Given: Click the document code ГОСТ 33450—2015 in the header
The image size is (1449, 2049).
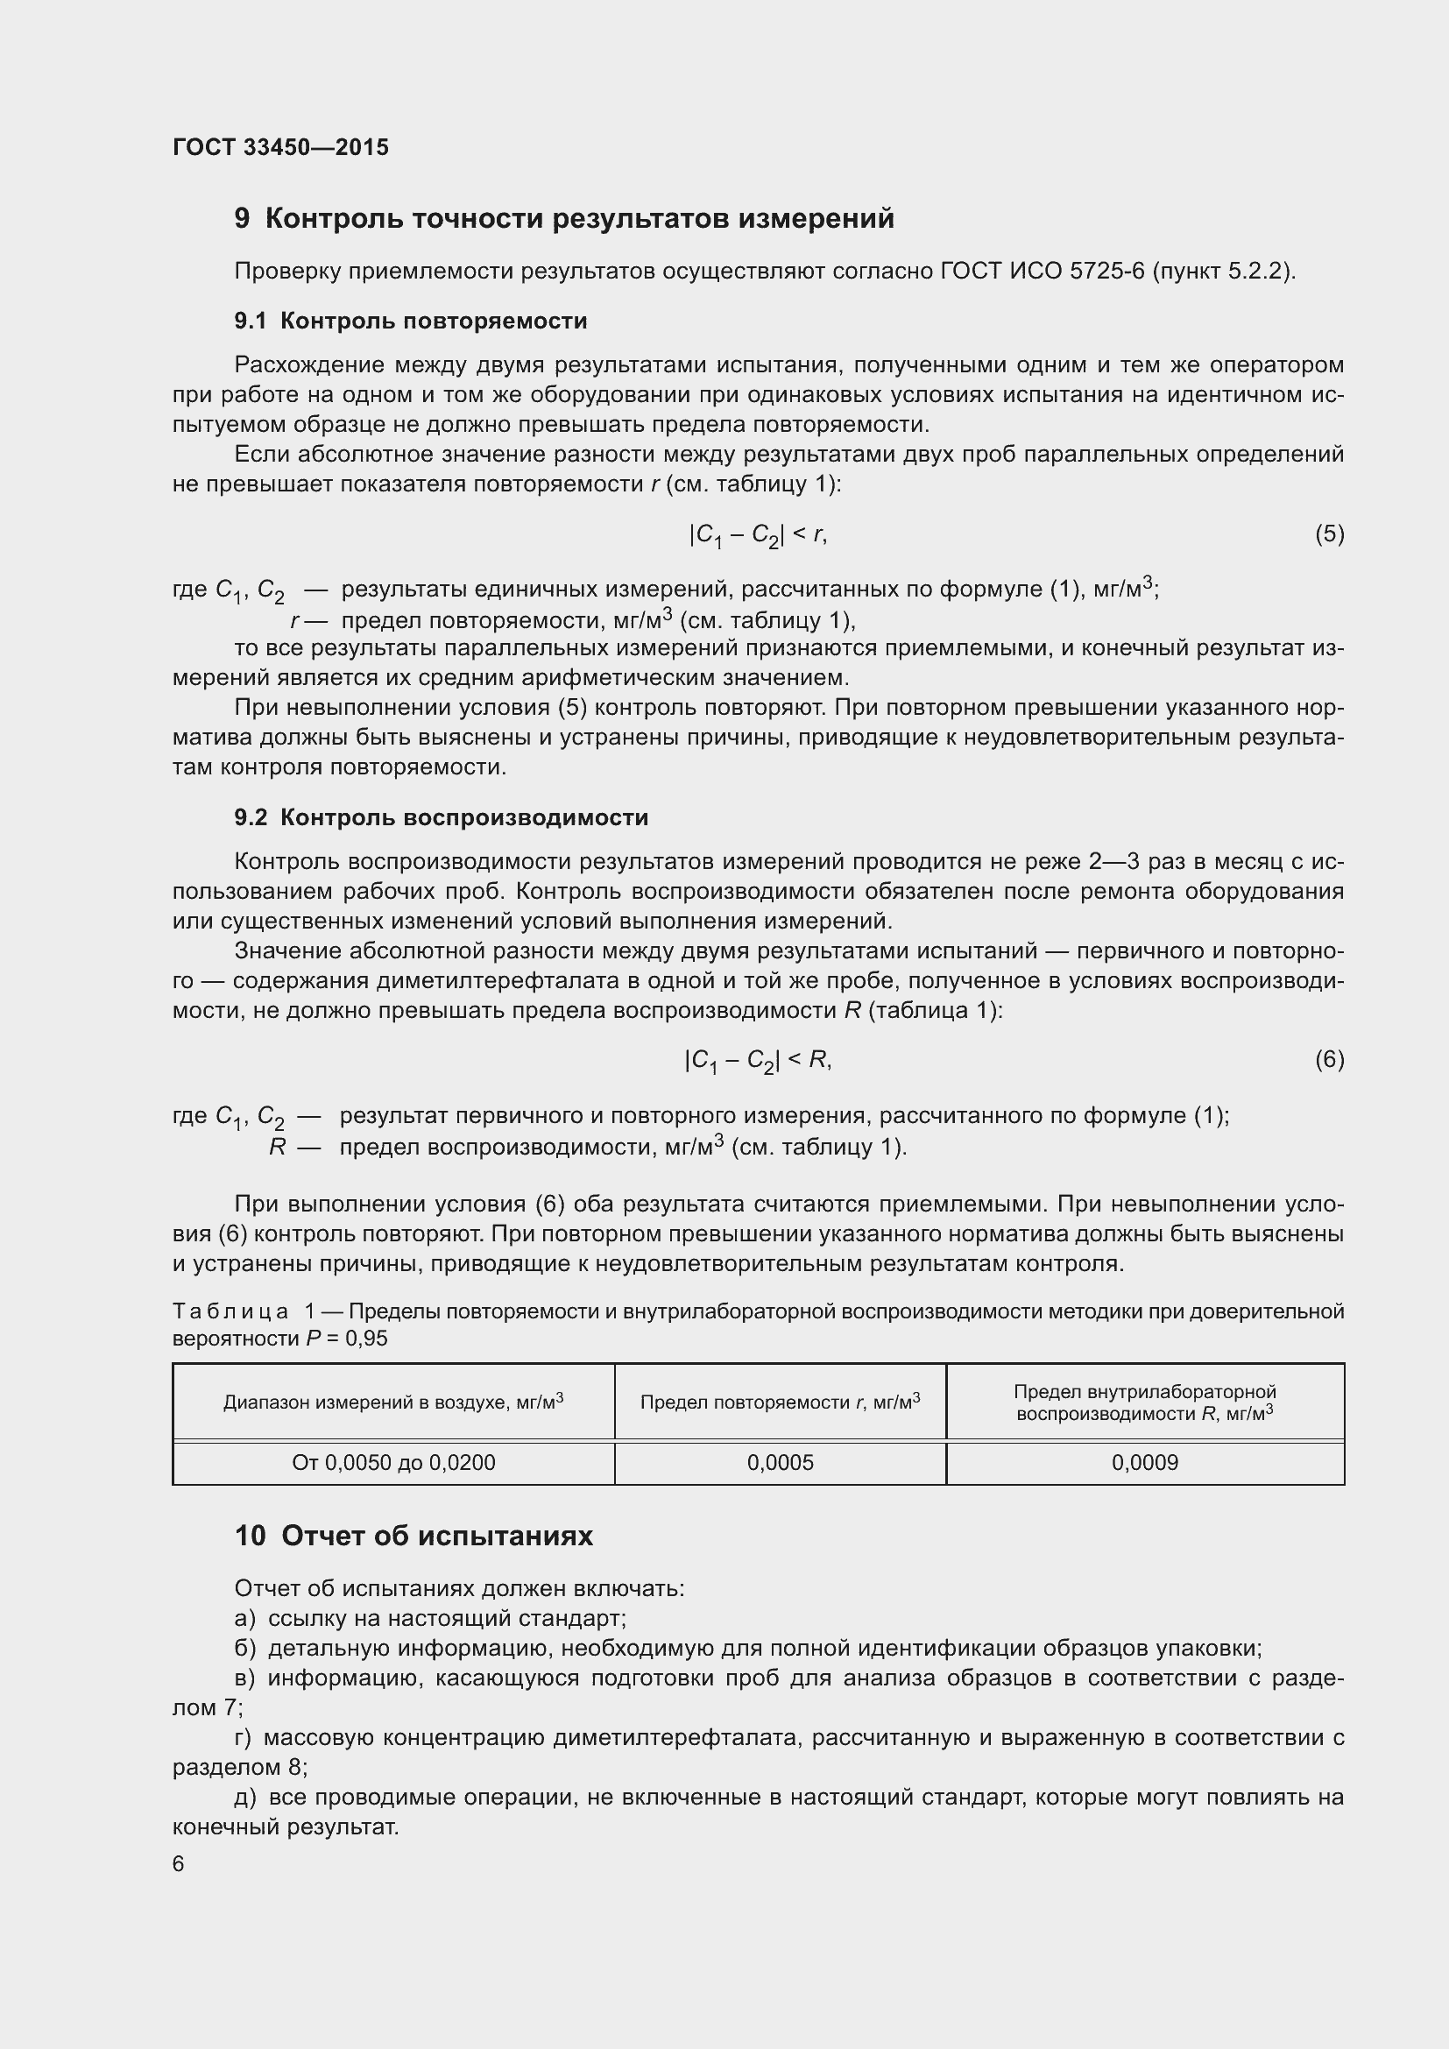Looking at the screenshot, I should (280, 147).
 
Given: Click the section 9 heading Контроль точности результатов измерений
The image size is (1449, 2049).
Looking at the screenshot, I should (564, 218).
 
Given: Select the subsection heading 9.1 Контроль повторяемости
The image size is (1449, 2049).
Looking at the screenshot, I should (410, 321).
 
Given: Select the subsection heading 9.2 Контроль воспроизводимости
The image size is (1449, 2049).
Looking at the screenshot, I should (441, 817).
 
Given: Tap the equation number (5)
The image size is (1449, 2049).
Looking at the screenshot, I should (1329, 533).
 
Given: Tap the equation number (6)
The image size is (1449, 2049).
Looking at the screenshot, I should (1329, 1059).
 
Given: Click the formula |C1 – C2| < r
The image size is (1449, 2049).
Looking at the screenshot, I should (758, 534).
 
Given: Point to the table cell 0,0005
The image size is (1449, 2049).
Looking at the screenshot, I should (780, 1463).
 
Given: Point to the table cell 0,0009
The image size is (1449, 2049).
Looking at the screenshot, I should (1144, 1463).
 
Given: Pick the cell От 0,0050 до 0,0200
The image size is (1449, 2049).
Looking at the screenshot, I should (393, 1463).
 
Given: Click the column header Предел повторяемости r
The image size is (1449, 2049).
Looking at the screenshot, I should (780, 1402).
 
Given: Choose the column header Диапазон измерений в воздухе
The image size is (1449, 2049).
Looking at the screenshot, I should (393, 1402).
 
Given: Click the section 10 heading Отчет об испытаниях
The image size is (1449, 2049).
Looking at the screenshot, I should (413, 1536).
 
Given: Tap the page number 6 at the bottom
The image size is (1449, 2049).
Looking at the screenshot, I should (179, 1864).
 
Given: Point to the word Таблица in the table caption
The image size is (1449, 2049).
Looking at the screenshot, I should (230, 1311).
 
